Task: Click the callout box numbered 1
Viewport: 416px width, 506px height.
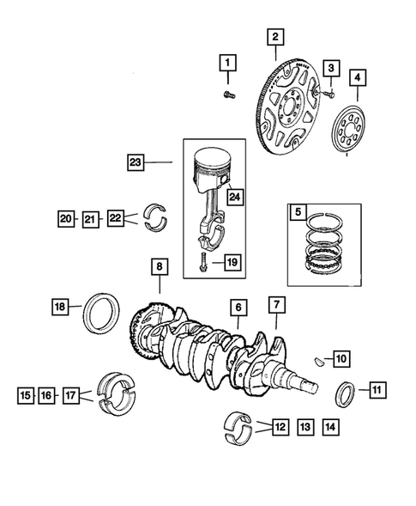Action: coord(227,63)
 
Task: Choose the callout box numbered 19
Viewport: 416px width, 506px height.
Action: coord(229,261)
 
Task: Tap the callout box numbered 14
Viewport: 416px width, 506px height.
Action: coord(329,424)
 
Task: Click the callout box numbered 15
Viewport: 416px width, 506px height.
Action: coord(26,395)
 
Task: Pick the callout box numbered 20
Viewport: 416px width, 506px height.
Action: coord(66,219)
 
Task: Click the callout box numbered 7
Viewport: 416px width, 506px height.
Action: coord(275,304)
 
